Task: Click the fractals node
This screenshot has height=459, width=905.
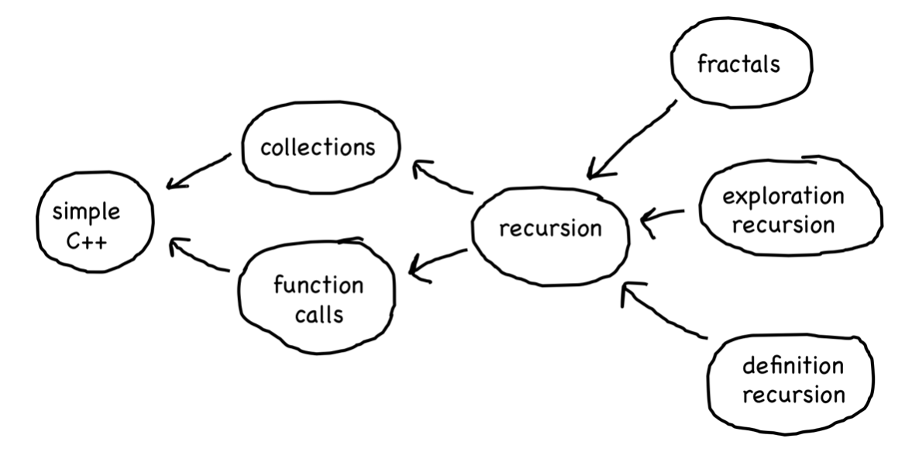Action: point(737,64)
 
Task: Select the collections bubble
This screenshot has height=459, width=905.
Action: point(318,147)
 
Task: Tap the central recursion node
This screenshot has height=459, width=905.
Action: point(549,229)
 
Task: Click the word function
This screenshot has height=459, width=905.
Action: point(318,286)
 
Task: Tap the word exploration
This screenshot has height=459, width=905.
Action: point(783,196)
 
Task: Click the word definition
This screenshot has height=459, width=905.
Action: point(793,366)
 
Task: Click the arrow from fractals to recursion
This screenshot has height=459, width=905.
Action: point(631,140)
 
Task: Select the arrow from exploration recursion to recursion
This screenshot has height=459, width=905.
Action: point(662,214)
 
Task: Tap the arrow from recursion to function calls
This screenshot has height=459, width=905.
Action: point(438,262)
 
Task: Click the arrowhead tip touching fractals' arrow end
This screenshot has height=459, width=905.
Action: point(590,175)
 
